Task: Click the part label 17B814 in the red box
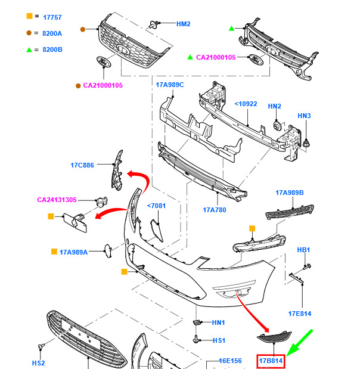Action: click(271, 361)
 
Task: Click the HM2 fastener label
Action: click(183, 24)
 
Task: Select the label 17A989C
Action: click(170, 85)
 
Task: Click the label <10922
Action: click(245, 104)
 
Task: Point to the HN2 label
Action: click(274, 106)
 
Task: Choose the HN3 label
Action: click(304, 116)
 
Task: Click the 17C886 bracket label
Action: click(82, 165)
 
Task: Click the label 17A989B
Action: click(290, 193)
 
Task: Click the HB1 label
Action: click(304, 250)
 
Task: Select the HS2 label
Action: click(38, 362)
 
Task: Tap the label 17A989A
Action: click(73, 252)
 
